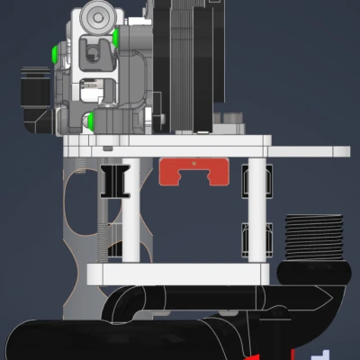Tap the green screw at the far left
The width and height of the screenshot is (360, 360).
click(56, 55)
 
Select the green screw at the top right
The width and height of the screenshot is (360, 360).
click(115, 37)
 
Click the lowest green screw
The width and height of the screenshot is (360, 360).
click(91, 120)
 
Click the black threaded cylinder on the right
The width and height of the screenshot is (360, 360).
click(314, 238)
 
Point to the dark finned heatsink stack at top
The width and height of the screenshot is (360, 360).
click(180, 63)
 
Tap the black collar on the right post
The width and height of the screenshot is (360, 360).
click(247, 238)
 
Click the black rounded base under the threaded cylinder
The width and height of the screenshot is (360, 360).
click(314, 271)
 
